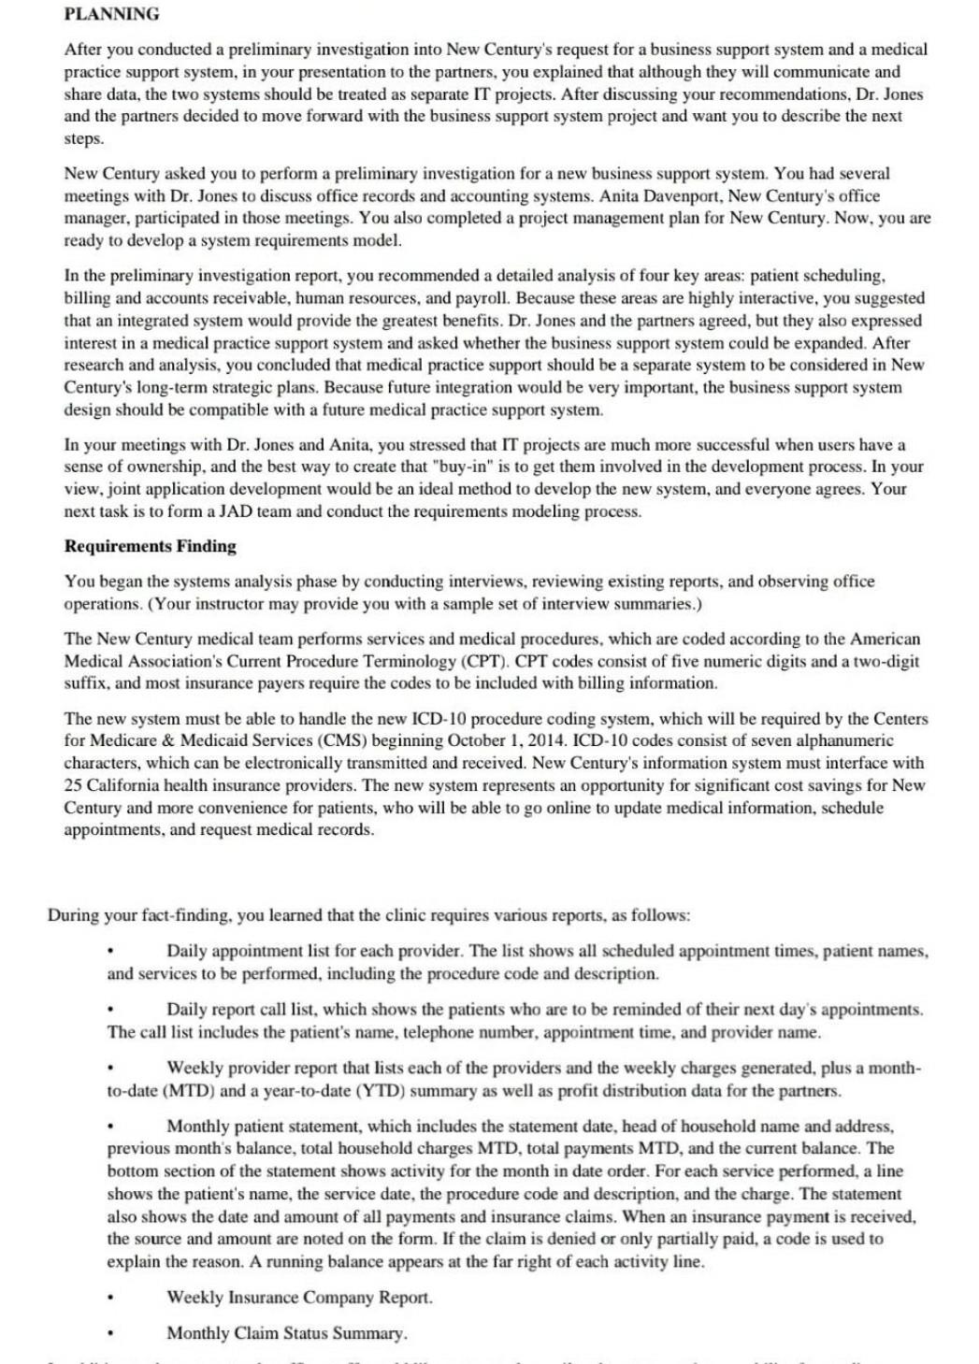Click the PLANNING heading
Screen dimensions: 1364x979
[111, 14]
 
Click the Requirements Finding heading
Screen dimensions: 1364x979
[150, 546]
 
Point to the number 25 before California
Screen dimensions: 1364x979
[73, 785]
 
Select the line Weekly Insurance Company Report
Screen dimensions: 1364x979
[299, 1298]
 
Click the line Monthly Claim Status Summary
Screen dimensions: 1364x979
[286, 1333]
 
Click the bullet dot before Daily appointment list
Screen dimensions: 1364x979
[110, 952]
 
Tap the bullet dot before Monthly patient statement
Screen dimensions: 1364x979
[110, 1127]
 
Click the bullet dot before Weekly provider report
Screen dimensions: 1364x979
[110, 1069]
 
